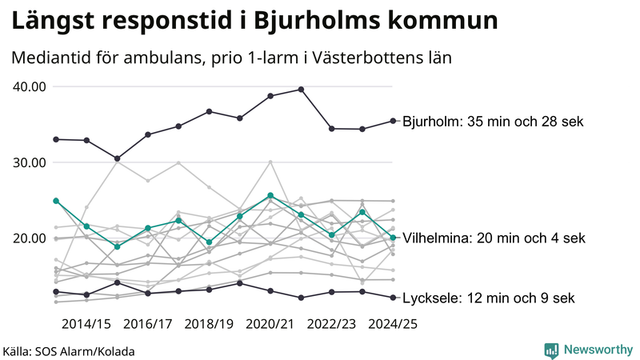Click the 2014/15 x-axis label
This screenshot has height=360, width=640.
point(86,324)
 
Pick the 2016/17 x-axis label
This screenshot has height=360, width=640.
point(148,324)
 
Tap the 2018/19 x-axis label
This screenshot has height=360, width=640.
point(209,324)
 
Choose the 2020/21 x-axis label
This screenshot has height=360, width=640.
point(270,324)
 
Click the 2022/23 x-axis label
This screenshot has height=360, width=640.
point(331,324)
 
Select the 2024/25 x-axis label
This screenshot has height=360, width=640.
point(393,324)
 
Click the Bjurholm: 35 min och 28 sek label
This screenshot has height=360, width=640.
point(494,122)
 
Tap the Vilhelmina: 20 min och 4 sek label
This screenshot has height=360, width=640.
point(494,238)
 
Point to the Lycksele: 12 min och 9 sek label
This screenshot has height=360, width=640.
point(488,298)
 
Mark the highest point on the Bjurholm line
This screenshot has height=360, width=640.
point(301,90)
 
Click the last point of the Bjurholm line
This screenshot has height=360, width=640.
point(393,121)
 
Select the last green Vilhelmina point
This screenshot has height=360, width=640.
point(393,238)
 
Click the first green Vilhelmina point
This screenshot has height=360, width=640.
point(56,201)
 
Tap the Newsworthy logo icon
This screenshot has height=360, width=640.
point(551,350)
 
